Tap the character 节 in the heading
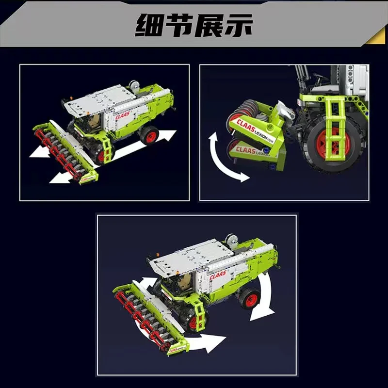click(x=178, y=26)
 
